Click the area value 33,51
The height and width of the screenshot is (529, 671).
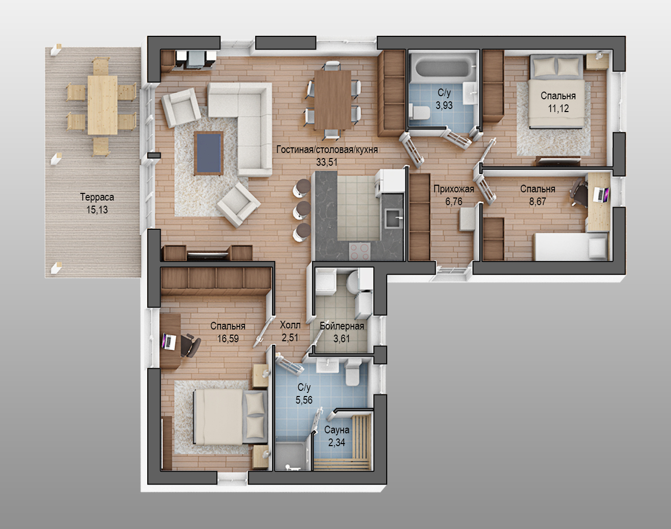(x=327, y=162)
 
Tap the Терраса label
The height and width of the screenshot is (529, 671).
(x=97, y=197)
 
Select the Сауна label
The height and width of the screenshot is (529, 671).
(x=337, y=430)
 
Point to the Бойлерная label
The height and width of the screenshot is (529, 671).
(x=342, y=326)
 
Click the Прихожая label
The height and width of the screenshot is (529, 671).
(x=454, y=189)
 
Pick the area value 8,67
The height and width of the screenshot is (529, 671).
(x=538, y=202)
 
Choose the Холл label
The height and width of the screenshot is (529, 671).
(x=290, y=325)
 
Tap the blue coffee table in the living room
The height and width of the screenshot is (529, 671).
(x=209, y=153)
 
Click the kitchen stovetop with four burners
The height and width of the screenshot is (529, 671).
(x=360, y=251)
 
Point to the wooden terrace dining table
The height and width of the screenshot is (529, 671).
(x=102, y=105)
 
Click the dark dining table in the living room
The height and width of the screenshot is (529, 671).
(x=333, y=100)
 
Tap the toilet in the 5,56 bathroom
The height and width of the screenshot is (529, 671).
(x=353, y=372)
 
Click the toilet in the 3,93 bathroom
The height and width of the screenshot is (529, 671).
(x=420, y=112)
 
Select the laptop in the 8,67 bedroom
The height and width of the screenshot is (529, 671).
(x=600, y=194)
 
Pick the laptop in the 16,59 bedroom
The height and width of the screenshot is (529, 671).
(x=168, y=341)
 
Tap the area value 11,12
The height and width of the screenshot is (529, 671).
(x=558, y=108)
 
